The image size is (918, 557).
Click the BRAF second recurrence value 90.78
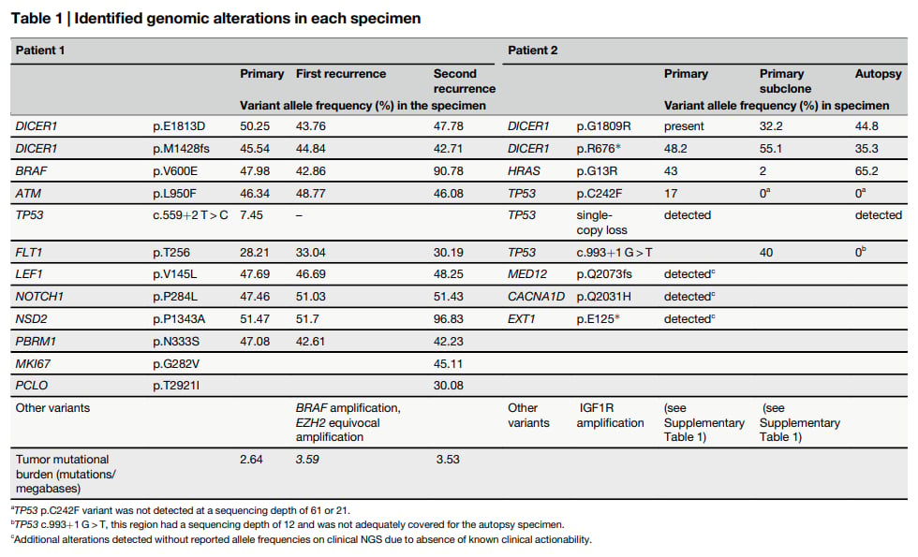point(448,170)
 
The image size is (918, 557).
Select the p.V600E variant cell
point(175,170)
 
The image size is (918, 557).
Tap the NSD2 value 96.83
point(448,319)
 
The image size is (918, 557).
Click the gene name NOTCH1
point(39,297)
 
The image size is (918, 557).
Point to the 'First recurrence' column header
point(341,74)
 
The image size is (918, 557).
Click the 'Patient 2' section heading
point(533,51)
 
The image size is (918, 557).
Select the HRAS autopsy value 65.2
point(866,170)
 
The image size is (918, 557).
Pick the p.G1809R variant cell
point(603,126)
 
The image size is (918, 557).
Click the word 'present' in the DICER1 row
point(684,126)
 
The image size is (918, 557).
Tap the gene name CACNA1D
point(536,297)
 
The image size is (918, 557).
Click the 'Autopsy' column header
point(879,74)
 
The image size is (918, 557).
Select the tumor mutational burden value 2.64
point(251,460)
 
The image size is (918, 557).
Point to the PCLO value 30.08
point(448,386)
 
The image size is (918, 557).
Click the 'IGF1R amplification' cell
point(610,416)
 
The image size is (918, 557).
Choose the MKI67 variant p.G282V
point(176,364)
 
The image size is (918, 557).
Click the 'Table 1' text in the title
point(37,18)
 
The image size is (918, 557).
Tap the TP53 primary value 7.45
point(251,215)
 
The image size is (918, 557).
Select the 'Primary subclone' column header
point(785,81)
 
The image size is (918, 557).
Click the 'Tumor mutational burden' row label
point(66,474)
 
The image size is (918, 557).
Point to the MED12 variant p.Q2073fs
point(604,274)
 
